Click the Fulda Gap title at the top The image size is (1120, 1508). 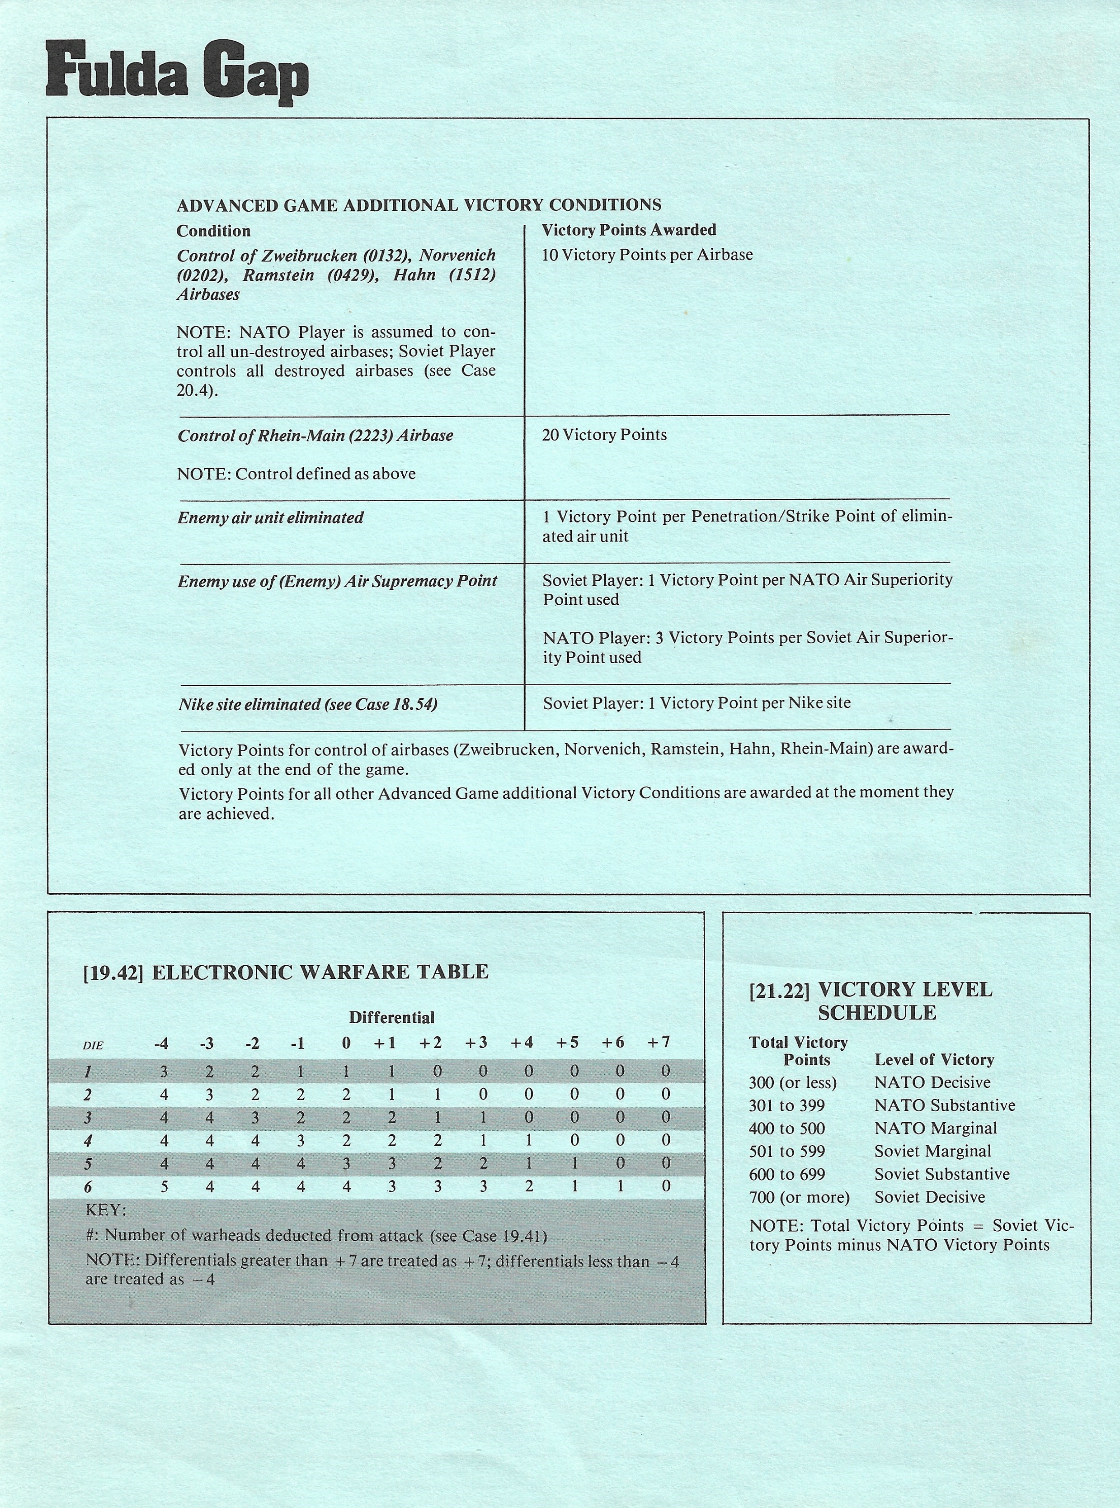click(x=177, y=73)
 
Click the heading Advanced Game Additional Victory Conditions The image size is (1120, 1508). click(x=419, y=205)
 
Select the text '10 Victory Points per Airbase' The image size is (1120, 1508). click(x=647, y=255)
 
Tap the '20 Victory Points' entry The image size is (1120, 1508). click(x=604, y=435)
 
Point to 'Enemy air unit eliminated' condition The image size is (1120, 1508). click(x=270, y=517)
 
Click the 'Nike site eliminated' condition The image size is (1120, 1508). click(x=308, y=704)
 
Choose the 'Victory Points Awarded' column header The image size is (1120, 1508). click(x=628, y=230)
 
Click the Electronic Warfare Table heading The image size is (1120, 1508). click(x=286, y=972)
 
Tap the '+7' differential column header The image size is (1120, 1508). click(x=658, y=1042)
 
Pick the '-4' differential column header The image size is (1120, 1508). click(x=161, y=1043)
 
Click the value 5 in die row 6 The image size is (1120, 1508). click(x=164, y=1186)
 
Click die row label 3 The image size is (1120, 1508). click(x=88, y=1117)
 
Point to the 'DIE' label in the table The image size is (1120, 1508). click(x=93, y=1045)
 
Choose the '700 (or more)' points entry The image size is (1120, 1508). click(x=799, y=1197)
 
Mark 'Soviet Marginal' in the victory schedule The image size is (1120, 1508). click(x=932, y=1151)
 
